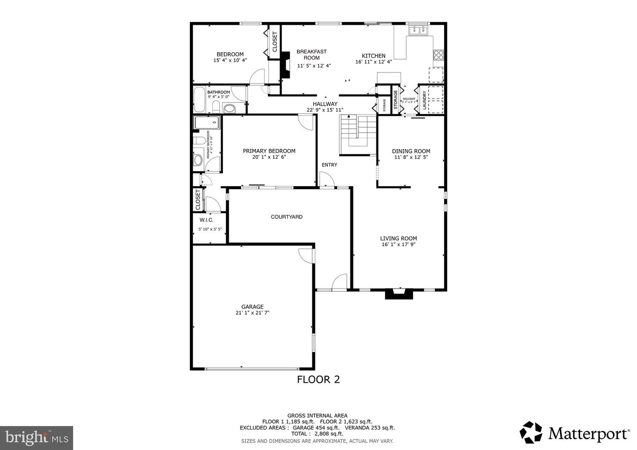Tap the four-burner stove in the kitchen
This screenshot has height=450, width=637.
point(438,55)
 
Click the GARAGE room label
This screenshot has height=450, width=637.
point(252,307)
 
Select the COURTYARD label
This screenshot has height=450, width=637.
point(287,217)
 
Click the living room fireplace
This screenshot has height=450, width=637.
point(399,294)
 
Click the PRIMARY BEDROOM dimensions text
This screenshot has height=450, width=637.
point(269,157)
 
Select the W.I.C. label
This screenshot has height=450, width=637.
point(207,220)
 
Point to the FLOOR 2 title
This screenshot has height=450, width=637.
point(318,379)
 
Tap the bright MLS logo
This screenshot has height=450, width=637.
point(36,438)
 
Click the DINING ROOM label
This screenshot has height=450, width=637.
point(411,151)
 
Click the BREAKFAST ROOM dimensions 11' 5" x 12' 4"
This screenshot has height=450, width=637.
point(314,66)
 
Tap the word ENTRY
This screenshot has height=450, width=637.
point(329,165)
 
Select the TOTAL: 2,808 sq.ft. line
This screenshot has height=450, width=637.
point(317,434)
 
